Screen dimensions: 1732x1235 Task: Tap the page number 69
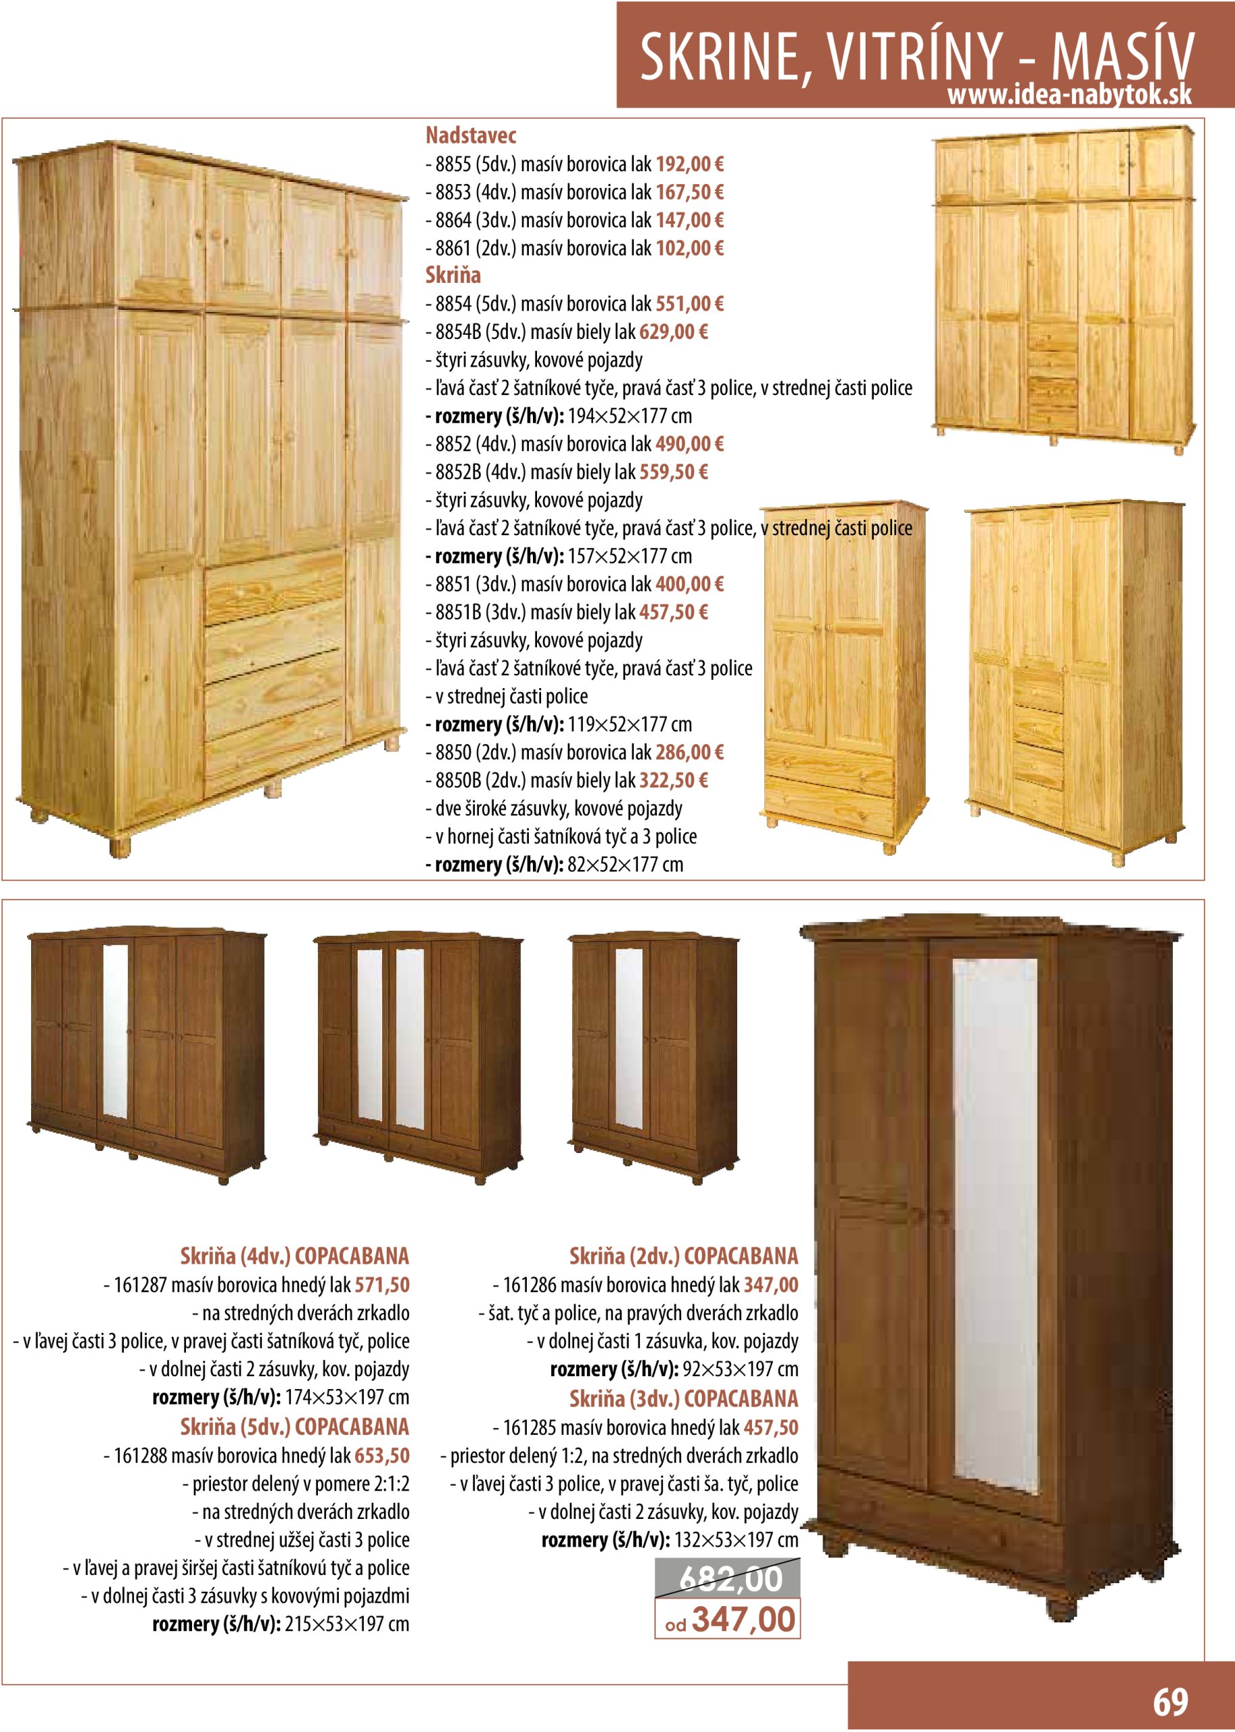[1169, 1702]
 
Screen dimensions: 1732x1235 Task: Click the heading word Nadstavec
[471, 136]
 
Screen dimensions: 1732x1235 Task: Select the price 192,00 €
[689, 164]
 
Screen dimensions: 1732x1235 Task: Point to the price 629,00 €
[673, 332]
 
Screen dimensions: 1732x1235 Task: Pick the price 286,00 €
[689, 752]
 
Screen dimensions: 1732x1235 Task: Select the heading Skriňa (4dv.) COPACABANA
[294, 1256]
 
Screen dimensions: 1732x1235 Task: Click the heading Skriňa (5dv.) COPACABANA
[294, 1426]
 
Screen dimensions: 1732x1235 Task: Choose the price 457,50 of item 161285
[770, 1427]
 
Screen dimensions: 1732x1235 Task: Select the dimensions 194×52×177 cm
[630, 416]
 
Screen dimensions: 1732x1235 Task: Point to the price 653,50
[381, 1455]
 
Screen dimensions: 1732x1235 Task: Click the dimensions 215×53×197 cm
[347, 1624]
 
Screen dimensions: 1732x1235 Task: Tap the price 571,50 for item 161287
[381, 1285]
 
